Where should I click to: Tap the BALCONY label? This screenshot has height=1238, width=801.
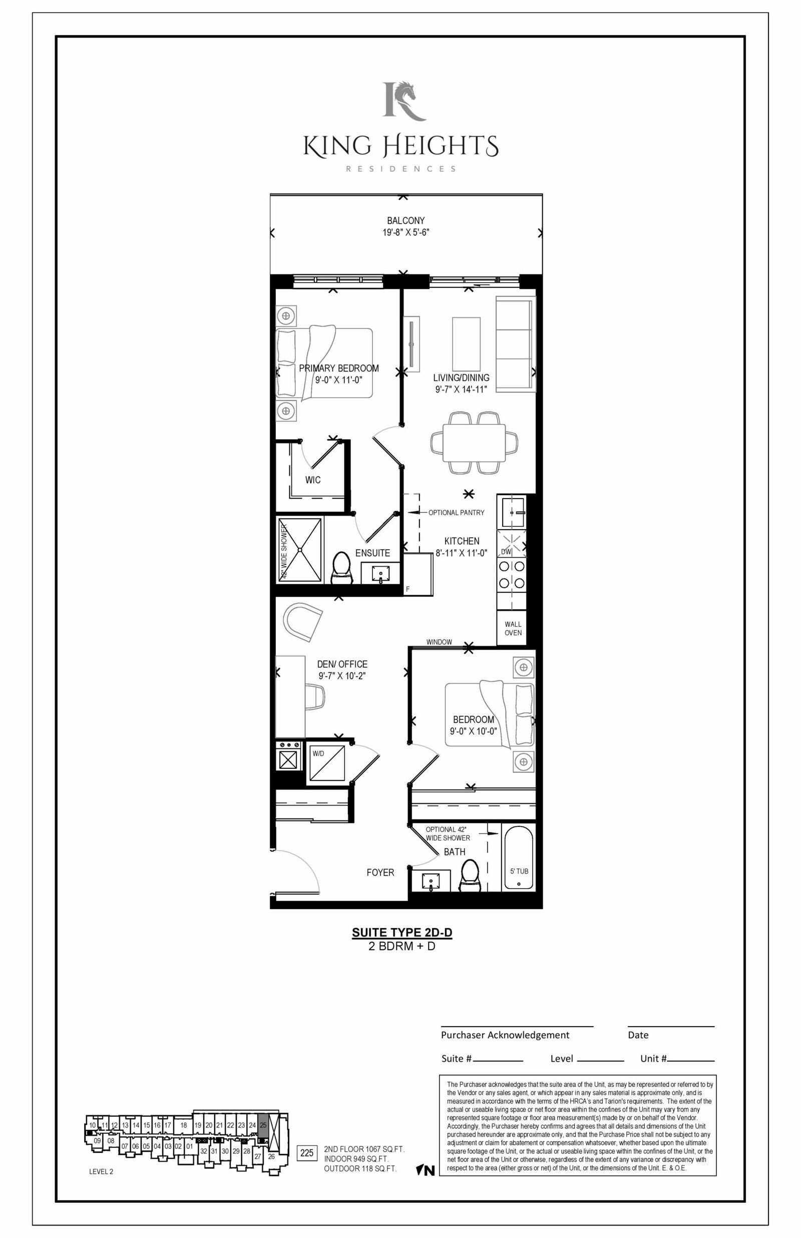click(406, 220)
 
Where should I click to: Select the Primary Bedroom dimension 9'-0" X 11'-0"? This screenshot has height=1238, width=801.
click(338, 379)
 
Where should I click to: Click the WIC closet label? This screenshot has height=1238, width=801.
click(312, 480)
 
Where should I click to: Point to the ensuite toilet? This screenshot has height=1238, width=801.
click(341, 568)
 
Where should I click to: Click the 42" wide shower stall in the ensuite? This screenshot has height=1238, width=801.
click(300, 550)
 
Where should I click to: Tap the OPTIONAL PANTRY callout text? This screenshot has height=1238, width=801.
click(456, 512)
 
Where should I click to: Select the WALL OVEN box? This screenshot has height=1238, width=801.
click(513, 628)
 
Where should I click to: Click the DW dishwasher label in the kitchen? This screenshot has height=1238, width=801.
click(506, 551)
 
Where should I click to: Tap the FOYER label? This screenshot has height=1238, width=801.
click(380, 872)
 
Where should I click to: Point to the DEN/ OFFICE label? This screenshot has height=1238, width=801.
click(342, 664)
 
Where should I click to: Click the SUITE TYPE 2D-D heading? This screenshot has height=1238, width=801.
click(402, 932)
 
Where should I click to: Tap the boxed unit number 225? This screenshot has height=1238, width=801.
click(307, 1153)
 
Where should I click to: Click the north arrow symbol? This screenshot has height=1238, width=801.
click(426, 1170)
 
